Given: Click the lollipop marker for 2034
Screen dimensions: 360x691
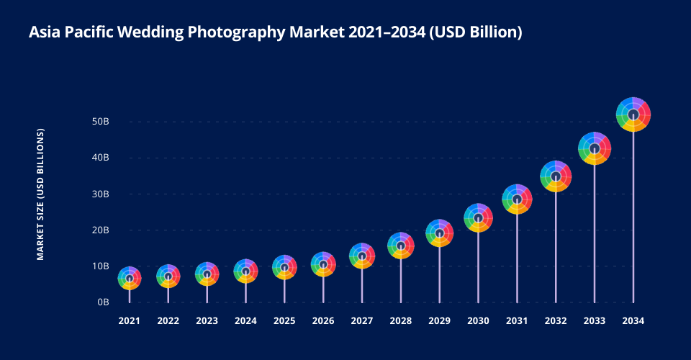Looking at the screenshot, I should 633,114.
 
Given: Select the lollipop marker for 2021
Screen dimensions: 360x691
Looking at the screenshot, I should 130,278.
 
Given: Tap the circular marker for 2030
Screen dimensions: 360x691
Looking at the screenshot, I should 478,217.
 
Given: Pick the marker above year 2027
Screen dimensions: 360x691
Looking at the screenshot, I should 362,256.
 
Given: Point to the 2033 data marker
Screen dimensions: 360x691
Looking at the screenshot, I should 595,149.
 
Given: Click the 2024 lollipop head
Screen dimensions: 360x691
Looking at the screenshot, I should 245,271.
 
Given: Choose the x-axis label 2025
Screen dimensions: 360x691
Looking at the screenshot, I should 284,320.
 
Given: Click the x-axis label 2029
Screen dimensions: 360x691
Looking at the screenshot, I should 439,320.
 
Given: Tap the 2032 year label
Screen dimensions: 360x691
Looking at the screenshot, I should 556,320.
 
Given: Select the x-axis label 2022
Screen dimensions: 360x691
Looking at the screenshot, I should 168,320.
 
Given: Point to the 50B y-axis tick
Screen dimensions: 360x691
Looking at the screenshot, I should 100,122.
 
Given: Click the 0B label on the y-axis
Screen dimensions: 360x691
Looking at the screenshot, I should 102,302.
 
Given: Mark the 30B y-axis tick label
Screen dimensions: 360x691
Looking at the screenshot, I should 100,194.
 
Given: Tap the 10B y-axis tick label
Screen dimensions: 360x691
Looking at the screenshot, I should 100,266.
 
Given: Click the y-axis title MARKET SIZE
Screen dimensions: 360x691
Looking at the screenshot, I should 41,194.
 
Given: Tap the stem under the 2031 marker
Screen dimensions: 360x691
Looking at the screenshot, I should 517,259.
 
